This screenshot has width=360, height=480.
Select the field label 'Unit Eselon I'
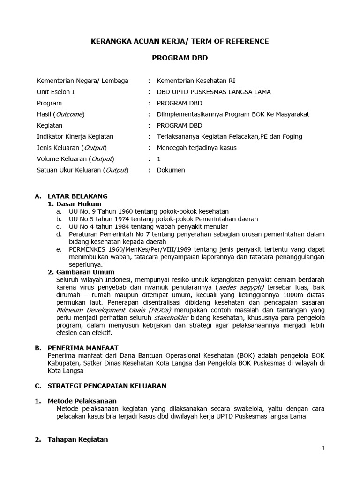pyautogui.click(x=56, y=92)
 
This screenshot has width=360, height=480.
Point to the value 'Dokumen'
pyautogui.click(x=171, y=170)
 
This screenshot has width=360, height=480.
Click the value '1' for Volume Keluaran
pyautogui.click(x=159, y=159)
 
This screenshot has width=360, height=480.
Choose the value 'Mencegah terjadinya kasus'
pyautogui.click(x=197, y=148)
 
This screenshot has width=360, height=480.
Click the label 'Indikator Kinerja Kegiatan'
pyautogui.click(x=75, y=136)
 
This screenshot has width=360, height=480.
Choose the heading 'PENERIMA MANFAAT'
pyautogui.click(x=83, y=348)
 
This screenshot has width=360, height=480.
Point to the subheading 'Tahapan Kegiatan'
pyautogui.click(x=78, y=439)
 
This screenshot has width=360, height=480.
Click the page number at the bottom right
pyautogui.click(x=323, y=448)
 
